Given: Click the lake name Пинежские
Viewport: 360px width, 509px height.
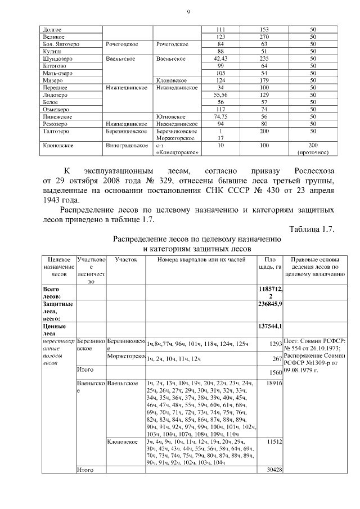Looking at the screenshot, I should pos(55,116).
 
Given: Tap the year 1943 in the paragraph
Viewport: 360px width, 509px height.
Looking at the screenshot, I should pos(54,201).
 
